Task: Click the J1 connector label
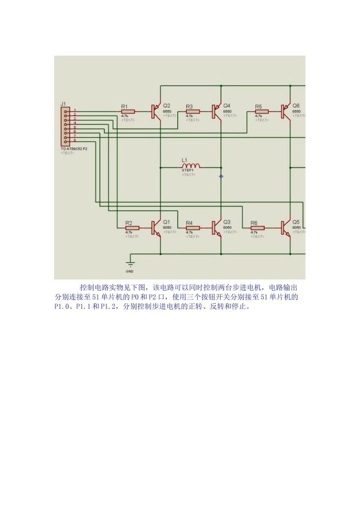(x=63, y=104)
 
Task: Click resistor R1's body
(x=128, y=112)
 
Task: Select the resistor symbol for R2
(x=132, y=228)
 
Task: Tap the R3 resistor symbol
(x=193, y=112)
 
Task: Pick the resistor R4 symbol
(x=193, y=228)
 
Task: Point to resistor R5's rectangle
(x=261, y=112)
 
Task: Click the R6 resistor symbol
(x=258, y=228)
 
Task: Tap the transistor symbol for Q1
(x=155, y=228)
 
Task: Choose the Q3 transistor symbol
(x=216, y=228)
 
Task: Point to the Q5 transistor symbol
(x=285, y=228)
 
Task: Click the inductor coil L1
(x=192, y=166)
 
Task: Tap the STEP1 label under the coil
(x=188, y=171)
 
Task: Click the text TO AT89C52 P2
(x=74, y=149)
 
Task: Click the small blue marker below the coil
(x=221, y=176)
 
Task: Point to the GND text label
(x=130, y=272)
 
